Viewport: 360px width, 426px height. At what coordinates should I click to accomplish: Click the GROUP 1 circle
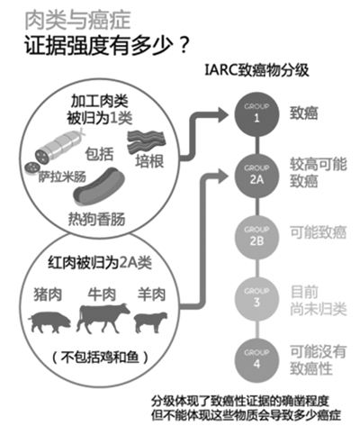coord(256,114)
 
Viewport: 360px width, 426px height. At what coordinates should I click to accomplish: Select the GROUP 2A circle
coord(256,176)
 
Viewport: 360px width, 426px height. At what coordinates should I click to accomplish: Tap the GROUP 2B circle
coord(256,237)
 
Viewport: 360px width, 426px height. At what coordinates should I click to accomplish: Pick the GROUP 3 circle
coord(256,299)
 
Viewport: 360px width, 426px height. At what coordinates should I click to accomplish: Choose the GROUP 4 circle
coord(256,360)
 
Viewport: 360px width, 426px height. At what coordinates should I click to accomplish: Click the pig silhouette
coord(49,322)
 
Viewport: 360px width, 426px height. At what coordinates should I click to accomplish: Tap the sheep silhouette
coord(150,322)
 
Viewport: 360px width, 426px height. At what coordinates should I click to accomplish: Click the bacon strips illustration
coord(146,141)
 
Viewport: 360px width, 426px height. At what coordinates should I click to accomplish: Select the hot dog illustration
coord(99,186)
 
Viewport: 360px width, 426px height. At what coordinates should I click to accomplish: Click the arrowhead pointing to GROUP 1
coord(223,114)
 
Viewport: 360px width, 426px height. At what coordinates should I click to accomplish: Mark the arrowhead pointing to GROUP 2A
coord(223,176)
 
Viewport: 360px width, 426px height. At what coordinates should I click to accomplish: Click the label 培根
coord(149,161)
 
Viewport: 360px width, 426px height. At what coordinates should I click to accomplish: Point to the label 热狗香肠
coord(96,219)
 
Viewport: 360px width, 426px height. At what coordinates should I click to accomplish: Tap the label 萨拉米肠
coord(62,177)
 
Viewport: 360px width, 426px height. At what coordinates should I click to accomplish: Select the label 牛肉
coord(102,295)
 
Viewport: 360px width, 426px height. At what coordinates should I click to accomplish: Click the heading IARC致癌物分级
coord(256,71)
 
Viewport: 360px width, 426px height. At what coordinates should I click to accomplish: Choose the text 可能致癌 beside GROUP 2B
coord(318,232)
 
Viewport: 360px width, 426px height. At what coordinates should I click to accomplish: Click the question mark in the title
coord(183,46)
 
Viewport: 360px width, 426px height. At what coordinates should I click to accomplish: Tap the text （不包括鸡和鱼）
coord(101,358)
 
